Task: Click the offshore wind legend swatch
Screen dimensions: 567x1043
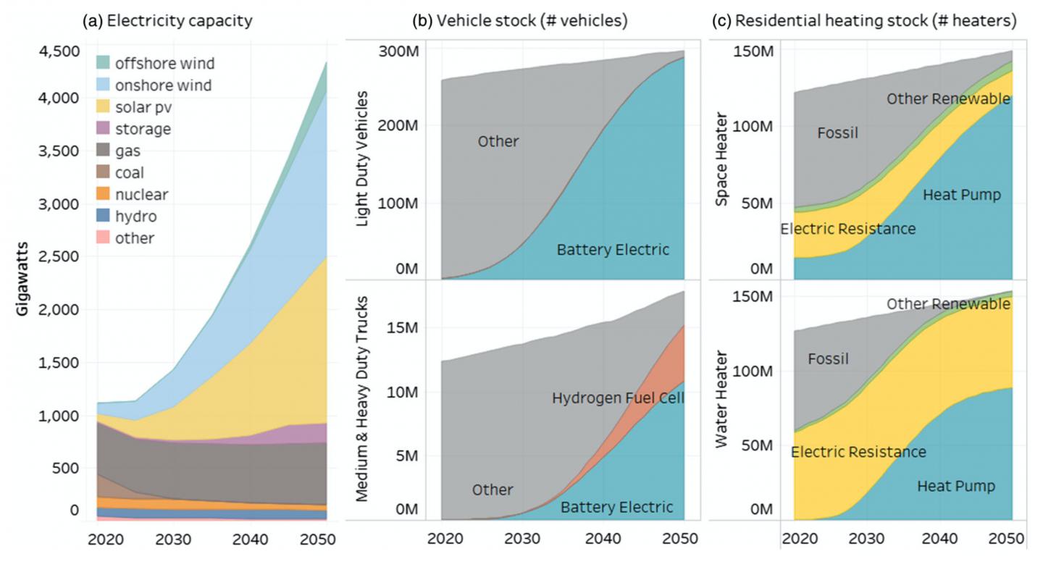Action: [104, 64]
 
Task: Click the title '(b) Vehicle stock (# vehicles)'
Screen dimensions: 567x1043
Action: [519, 21]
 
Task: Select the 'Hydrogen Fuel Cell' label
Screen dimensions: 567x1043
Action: [618, 398]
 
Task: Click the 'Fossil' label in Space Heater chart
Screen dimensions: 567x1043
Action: [837, 133]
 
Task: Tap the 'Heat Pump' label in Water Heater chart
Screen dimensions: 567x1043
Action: [956, 485]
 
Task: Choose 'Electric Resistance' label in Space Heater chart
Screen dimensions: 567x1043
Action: [847, 229]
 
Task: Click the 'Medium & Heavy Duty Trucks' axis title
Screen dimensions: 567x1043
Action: [366, 398]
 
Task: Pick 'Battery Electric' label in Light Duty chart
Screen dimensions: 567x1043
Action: [613, 250]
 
